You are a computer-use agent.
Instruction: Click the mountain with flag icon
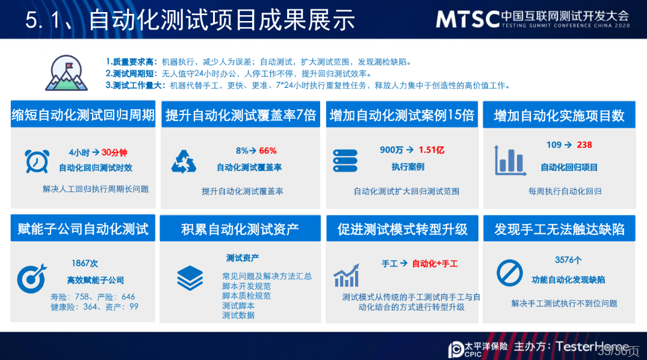coord(66,73)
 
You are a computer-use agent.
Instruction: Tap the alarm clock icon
coord(37,161)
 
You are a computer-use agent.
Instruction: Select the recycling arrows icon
coord(184,161)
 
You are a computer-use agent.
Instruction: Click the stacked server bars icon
coord(345,161)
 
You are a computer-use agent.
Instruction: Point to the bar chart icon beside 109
coord(510,161)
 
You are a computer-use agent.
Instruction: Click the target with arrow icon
coord(32,278)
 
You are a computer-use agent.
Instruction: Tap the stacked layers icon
coord(190,278)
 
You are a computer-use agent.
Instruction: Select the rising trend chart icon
coord(346,275)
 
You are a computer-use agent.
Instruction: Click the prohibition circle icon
coord(510,273)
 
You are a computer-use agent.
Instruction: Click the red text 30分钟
coord(114,153)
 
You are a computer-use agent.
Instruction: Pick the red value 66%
coord(268,151)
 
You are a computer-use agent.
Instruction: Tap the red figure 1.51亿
coord(432,150)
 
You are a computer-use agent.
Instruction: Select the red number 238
coord(584,145)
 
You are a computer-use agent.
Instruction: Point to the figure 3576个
coord(568,260)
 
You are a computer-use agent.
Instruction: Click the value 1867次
coord(85,264)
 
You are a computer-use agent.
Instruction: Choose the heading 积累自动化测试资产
coord(240,229)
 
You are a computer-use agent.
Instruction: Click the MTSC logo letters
coord(468,19)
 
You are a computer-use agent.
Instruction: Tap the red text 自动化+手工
coord(435,264)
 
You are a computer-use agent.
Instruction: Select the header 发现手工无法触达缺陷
coord(560,229)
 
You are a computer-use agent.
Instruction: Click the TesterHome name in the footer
coord(593,346)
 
